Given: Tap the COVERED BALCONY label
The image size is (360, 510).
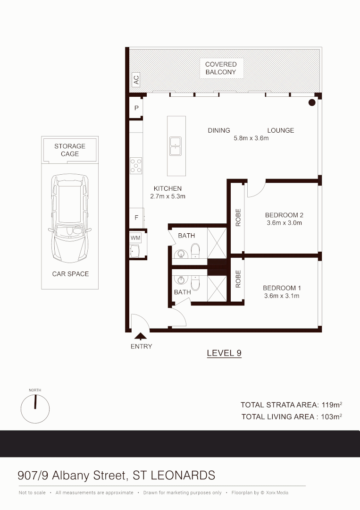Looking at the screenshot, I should (x=220, y=68).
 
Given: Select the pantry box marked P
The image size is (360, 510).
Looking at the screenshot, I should (x=136, y=108).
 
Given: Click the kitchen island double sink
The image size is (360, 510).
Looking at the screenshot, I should (x=176, y=146).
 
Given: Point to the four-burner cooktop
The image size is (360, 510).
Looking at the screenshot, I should (x=136, y=165).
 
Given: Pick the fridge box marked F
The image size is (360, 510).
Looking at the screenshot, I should (x=136, y=218).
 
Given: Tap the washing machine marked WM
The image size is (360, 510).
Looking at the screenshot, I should (x=135, y=238).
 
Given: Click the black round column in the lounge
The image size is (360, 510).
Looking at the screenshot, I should (x=311, y=102).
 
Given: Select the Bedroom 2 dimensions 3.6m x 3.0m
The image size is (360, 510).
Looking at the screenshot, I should (x=283, y=223).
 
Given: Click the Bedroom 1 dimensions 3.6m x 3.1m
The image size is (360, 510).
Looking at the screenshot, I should (x=281, y=296).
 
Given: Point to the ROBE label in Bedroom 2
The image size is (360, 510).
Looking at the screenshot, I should (x=238, y=217).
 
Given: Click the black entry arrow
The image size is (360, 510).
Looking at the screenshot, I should (x=141, y=336).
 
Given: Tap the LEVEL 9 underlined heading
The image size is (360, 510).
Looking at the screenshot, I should (x=224, y=353).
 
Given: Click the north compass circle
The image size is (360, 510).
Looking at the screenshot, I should (x=35, y=408).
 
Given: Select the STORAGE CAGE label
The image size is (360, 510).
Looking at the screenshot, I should (x=70, y=150).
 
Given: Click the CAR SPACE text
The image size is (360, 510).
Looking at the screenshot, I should (x=70, y=274).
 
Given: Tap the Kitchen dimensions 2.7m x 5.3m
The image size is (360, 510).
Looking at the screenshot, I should (x=167, y=196).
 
